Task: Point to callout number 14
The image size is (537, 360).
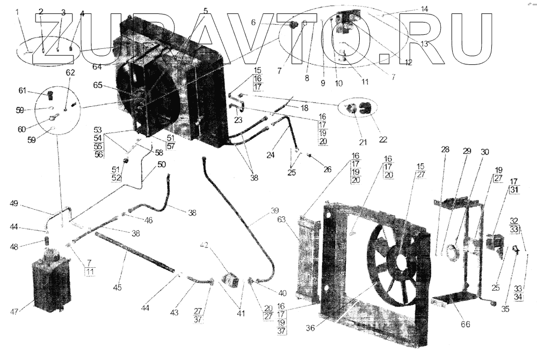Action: point(424,9)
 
